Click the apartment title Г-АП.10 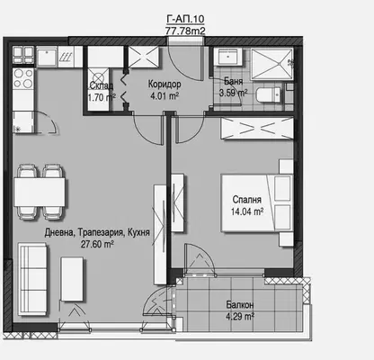(185, 19)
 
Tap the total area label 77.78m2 (185, 31)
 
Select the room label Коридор (165, 84)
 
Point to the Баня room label (234, 81)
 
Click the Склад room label (102, 85)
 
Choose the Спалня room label (247, 200)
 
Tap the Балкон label (240, 305)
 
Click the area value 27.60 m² (97, 244)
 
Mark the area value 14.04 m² (247, 211)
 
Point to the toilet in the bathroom (269, 94)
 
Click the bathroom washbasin (228, 57)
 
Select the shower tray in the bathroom (272, 64)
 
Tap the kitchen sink (47, 57)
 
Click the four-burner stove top (23, 78)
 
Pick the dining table (40, 192)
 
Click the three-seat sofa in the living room (32, 279)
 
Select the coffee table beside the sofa (72, 279)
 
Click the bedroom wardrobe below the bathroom (257, 129)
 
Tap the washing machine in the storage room (98, 77)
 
